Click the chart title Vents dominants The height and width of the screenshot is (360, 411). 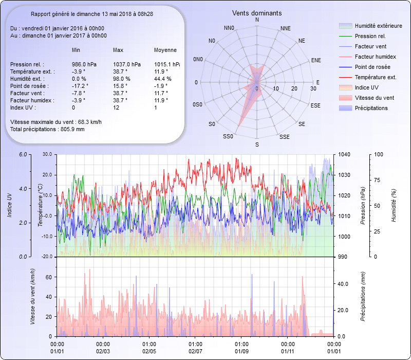[257, 13]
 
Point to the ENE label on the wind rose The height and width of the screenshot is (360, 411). [316, 60]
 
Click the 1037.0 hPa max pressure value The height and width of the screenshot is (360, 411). [126, 64]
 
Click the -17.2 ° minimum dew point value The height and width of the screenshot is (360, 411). [80, 86]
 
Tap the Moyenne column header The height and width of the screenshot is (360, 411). [165, 50]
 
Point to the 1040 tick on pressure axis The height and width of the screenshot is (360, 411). [344, 154]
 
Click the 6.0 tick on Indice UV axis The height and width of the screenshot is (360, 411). [23, 154]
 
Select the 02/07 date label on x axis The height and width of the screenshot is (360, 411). [195, 351]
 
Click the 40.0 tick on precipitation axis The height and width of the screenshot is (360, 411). [343, 284]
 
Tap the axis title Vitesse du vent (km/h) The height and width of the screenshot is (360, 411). [32, 297]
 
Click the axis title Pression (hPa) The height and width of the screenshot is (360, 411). [363, 205]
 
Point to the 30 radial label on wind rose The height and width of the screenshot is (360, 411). [313, 89]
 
